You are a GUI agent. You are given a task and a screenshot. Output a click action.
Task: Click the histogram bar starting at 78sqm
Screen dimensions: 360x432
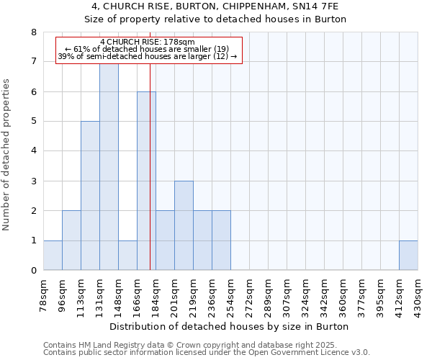coord(53,255)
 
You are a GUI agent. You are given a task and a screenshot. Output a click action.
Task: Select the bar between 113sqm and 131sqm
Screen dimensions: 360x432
coord(90,196)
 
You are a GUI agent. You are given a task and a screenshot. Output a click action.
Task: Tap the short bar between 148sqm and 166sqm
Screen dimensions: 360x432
coord(127,255)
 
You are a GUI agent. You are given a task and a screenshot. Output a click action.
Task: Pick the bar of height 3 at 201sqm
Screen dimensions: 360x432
coord(184,225)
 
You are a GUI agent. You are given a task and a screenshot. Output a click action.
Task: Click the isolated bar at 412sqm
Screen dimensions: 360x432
coord(408,255)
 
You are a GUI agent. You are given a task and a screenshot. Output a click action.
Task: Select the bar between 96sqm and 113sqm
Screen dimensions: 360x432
coord(71,240)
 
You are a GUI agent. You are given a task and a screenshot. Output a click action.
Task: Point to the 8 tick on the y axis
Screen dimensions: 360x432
coord(33,32)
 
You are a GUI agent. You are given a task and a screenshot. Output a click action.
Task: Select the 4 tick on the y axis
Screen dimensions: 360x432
coord(33,151)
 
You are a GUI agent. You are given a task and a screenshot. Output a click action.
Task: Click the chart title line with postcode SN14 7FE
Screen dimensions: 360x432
coord(216,6)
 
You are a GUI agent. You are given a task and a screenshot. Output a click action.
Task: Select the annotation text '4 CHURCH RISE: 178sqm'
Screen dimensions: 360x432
coord(148,42)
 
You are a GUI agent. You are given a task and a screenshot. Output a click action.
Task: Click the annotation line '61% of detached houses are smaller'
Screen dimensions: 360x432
coord(148,49)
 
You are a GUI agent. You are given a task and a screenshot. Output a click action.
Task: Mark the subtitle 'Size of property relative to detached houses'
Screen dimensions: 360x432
coord(216,19)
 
